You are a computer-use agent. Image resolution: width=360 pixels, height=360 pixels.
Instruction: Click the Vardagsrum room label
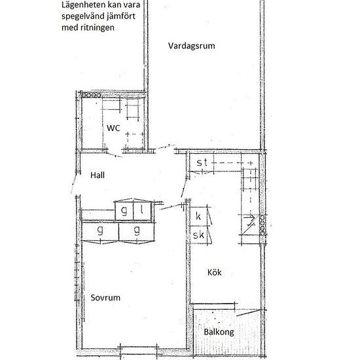192,46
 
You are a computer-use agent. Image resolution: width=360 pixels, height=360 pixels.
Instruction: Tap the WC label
113,129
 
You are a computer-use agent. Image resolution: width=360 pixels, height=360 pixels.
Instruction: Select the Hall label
98,175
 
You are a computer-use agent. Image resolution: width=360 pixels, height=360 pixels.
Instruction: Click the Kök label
215,273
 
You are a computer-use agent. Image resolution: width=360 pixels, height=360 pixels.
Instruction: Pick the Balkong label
218,332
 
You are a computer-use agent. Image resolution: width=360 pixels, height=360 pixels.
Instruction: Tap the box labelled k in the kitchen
198,215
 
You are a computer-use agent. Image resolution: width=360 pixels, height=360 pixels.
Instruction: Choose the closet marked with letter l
142,210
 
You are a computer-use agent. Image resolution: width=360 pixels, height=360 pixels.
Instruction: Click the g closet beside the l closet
124,210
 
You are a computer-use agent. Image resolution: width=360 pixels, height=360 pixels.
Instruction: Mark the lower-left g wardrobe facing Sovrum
101,231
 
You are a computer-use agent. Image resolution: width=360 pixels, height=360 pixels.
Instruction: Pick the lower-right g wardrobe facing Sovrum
137,231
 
